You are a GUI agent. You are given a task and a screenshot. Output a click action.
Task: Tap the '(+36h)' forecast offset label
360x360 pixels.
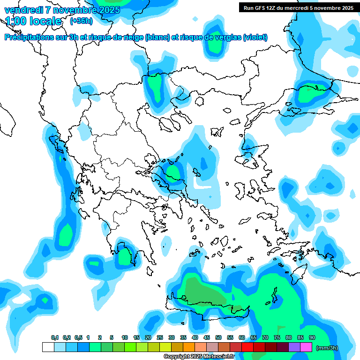tap(81, 21)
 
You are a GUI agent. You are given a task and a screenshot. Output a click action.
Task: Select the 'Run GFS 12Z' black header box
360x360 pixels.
tap(298, 7)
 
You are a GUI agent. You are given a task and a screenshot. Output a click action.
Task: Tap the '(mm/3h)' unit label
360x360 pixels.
tap(327, 347)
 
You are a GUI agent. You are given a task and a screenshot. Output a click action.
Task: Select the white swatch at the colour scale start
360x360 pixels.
tap(48, 347)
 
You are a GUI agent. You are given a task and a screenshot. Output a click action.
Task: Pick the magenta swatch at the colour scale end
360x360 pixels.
tap(306, 347)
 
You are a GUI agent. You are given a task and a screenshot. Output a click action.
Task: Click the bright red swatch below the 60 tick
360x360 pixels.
tap(247, 347)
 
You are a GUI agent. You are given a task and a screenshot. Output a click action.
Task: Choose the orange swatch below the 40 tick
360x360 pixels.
tap(189, 347)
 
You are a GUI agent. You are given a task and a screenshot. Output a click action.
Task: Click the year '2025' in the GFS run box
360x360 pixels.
tap(346, 7)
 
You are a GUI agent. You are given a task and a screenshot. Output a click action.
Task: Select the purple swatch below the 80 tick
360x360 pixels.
tap(294, 347)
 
